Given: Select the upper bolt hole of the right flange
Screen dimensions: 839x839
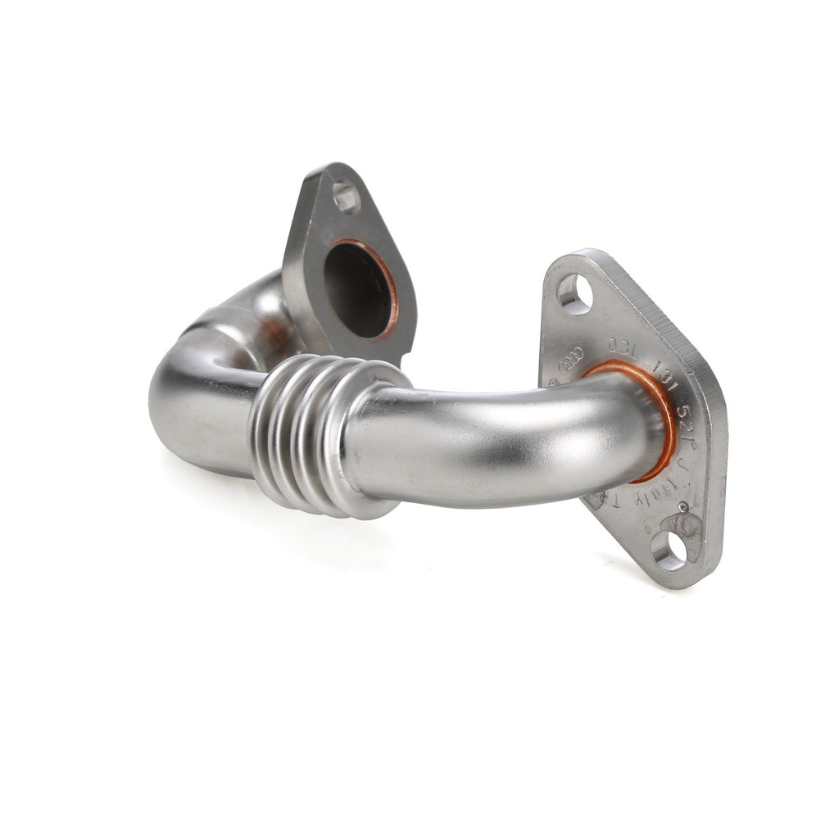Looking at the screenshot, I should click(x=574, y=293).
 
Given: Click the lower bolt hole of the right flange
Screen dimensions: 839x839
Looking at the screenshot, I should click(x=670, y=550).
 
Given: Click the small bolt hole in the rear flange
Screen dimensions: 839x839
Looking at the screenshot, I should click(x=346, y=197).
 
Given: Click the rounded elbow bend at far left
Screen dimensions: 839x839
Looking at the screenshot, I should click(x=176, y=401).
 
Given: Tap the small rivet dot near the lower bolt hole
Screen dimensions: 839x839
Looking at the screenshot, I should click(x=683, y=507).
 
